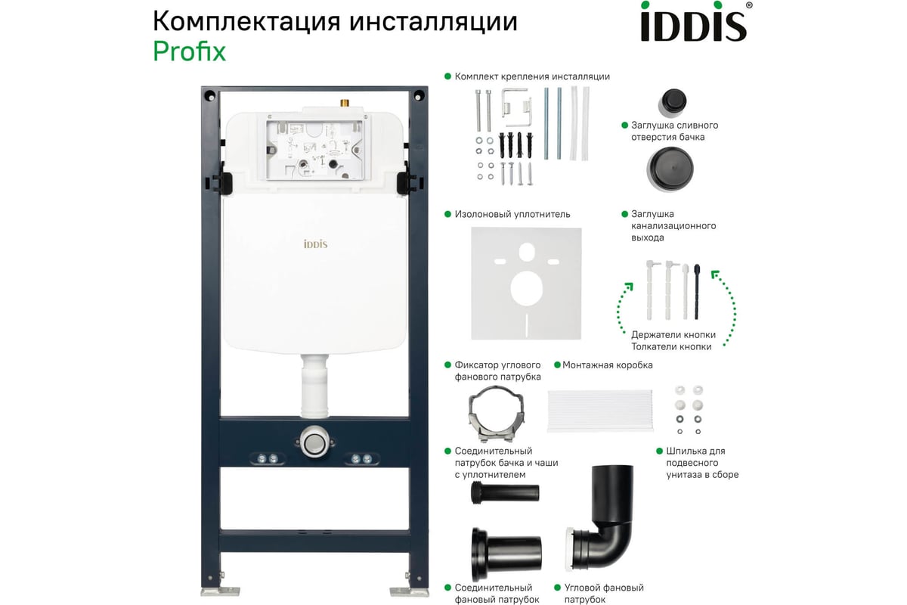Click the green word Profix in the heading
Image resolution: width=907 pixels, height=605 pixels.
[x=189, y=51]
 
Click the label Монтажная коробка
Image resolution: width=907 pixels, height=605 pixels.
[x=607, y=365]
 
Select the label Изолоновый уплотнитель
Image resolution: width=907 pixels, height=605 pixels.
[x=512, y=214]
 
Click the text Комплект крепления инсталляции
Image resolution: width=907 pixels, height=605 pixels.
[x=531, y=76]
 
